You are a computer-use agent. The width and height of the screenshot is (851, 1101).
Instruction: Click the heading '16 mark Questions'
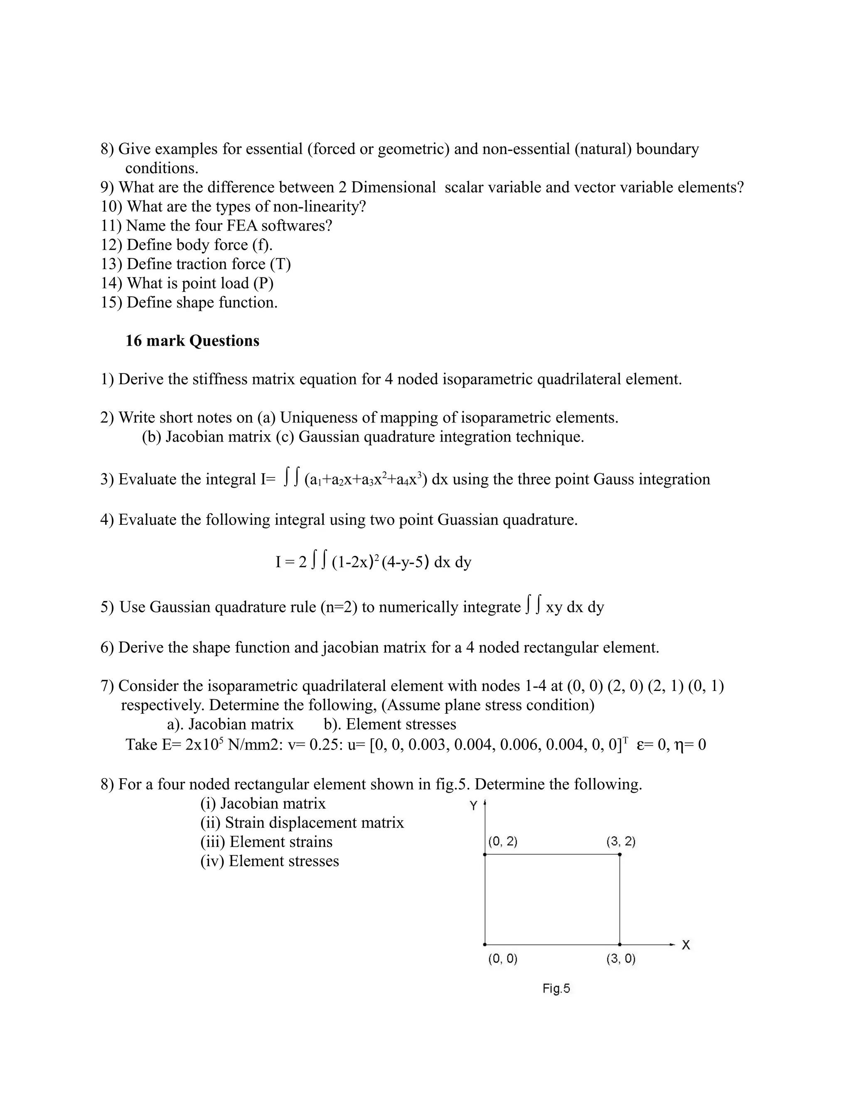point(192,341)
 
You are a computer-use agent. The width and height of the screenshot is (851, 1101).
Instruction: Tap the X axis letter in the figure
point(686,945)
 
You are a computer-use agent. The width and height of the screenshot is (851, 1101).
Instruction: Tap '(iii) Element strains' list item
point(266,842)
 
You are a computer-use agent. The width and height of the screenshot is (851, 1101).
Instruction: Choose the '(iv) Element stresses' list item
point(269,861)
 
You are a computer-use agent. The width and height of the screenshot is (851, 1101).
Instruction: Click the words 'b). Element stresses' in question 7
point(390,725)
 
